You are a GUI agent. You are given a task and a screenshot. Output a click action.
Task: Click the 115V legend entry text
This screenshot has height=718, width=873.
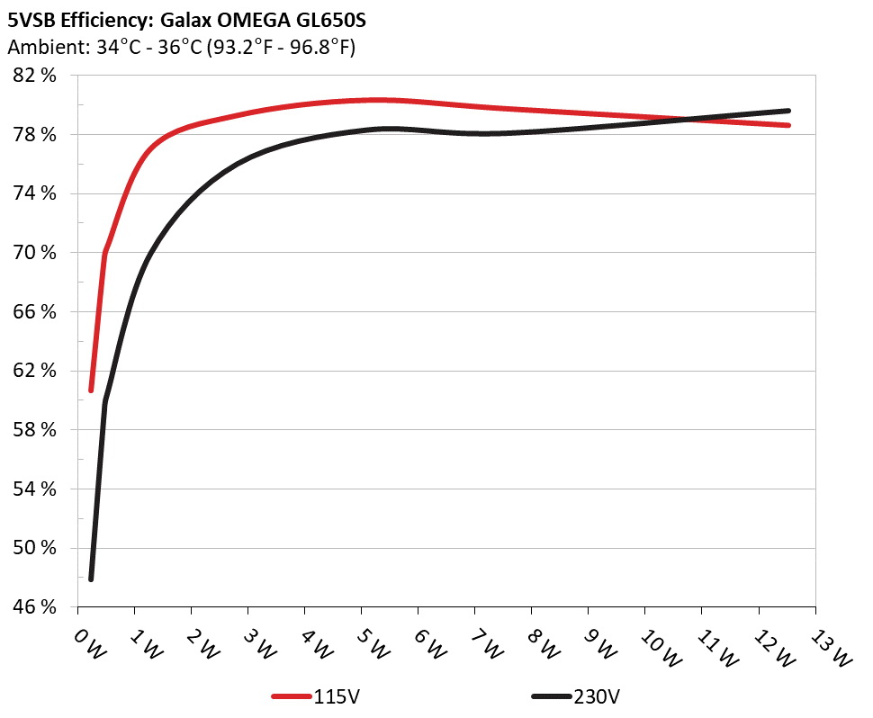(337, 697)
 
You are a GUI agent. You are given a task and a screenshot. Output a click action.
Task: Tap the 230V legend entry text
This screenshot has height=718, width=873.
(597, 697)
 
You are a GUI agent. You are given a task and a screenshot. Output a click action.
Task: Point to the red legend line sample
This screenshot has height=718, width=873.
(292, 697)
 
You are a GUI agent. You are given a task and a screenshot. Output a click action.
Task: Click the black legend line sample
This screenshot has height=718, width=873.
(551, 697)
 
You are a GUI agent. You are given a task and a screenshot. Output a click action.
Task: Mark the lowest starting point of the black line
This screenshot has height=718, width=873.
(91, 579)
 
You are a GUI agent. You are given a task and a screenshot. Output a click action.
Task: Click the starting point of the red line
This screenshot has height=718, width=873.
(91, 390)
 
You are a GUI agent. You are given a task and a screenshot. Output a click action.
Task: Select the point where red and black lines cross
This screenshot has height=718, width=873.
(691, 120)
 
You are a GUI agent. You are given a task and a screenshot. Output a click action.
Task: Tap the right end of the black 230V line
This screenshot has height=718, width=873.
(787, 111)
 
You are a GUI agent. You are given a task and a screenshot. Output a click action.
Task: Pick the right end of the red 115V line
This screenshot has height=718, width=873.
(787, 125)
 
